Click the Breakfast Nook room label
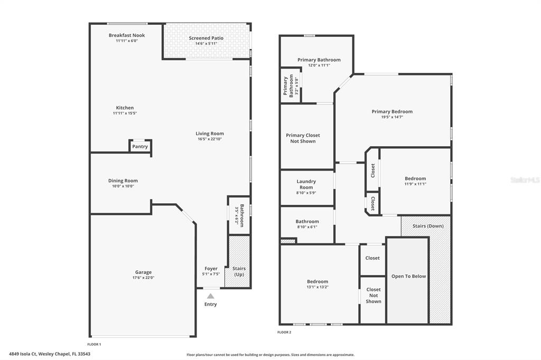(126, 35)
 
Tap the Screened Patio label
(206, 38)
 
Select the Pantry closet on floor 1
(140, 147)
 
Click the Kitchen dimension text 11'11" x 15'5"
(125, 113)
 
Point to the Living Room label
(210, 134)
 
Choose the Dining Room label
(123, 181)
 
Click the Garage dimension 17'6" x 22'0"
(143, 278)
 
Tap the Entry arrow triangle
(210, 296)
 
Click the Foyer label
(211, 269)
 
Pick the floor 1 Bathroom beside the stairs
(239, 215)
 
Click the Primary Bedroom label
(392, 111)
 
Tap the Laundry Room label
(306, 184)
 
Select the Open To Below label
(408, 276)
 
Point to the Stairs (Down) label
(428, 226)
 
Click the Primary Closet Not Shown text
(303, 138)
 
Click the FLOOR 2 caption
(284, 332)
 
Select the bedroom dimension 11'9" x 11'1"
(415, 184)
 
